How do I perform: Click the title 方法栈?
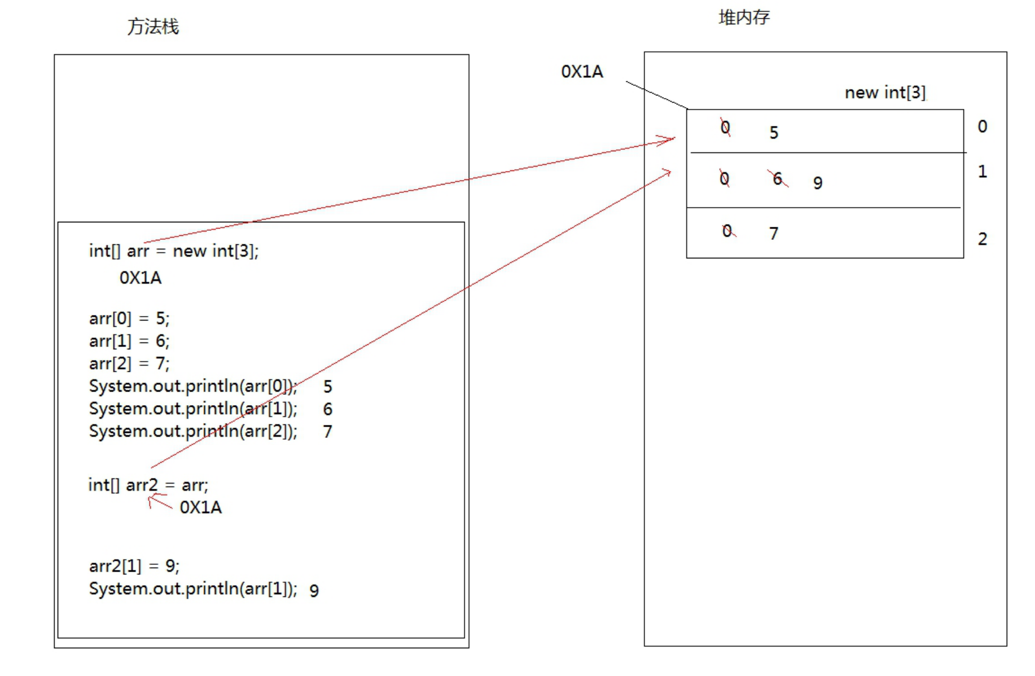(x=153, y=27)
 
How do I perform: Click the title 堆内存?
(x=744, y=17)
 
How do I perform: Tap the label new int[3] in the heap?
(x=885, y=92)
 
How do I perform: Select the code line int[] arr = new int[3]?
(x=174, y=251)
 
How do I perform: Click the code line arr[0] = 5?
(x=129, y=318)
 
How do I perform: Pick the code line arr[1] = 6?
(x=129, y=341)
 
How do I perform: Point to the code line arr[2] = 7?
(x=129, y=363)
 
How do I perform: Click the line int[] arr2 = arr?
(x=148, y=485)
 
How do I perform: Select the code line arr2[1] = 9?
(x=134, y=565)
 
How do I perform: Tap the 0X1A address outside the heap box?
(x=582, y=72)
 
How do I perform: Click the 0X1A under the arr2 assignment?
(x=201, y=507)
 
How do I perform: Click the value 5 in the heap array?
(x=774, y=133)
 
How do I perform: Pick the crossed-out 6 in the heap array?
(x=778, y=179)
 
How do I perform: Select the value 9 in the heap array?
(x=818, y=183)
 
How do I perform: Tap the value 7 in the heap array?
(x=774, y=233)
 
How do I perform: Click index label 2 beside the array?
(x=983, y=239)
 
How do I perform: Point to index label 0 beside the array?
(x=983, y=126)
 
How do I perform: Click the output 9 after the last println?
(x=314, y=591)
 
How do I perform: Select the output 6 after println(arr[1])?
(x=327, y=409)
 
